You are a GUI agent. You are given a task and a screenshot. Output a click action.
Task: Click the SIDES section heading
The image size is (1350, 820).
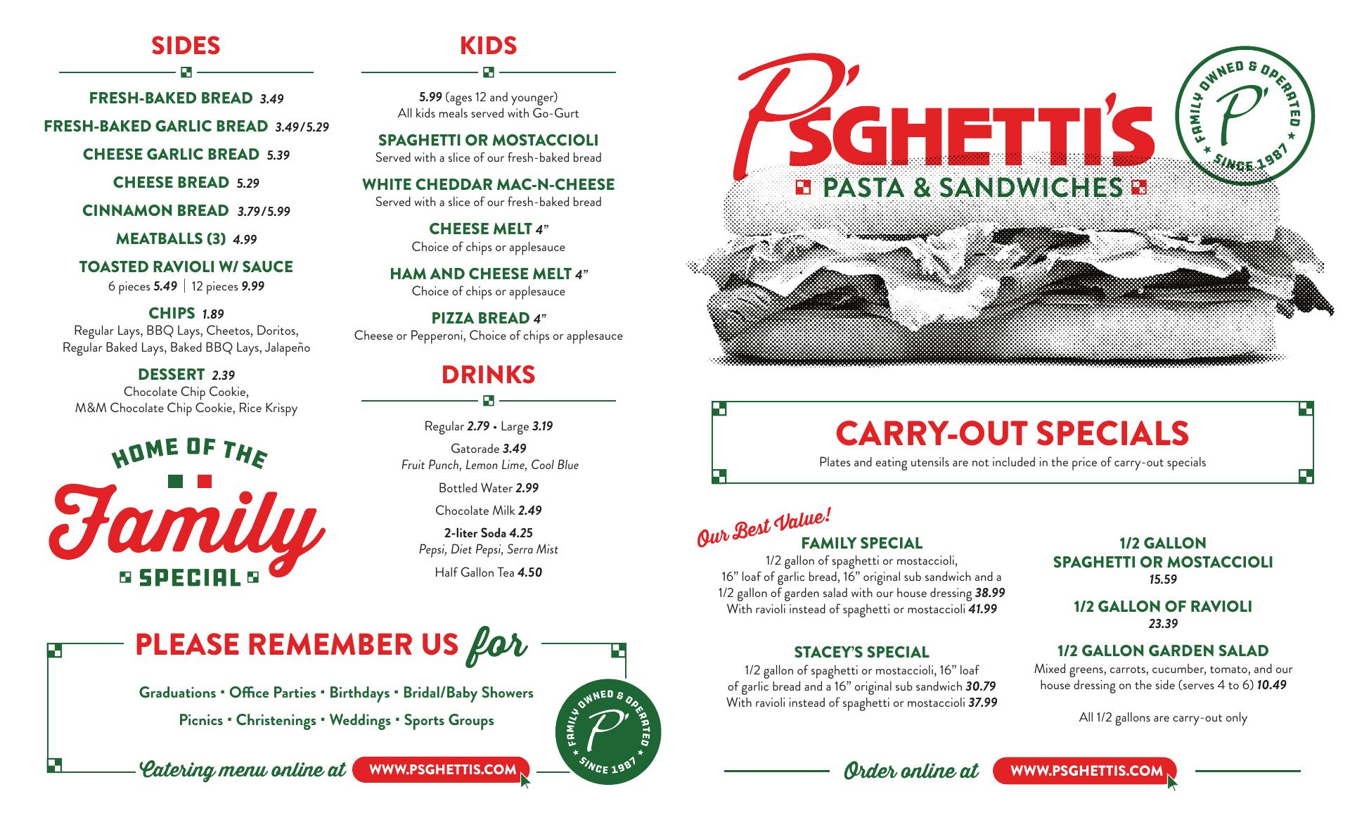tap(186, 46)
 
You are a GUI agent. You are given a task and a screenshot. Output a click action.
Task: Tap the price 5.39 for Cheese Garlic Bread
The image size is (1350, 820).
tap(278, 155)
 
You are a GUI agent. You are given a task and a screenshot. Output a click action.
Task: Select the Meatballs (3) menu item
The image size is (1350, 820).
tap(170, 239)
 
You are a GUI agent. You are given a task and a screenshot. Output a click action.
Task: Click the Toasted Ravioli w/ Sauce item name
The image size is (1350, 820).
tap(186, 267)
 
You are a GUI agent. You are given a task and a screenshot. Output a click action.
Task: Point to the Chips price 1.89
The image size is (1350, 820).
tap(212, 314)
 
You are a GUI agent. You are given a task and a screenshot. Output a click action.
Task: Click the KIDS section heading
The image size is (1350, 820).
tap(488, 46)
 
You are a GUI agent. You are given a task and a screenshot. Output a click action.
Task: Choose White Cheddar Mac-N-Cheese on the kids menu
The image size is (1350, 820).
tap(488, 184)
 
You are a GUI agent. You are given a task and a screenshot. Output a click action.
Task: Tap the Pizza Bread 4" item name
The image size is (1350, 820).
tap(480, 318)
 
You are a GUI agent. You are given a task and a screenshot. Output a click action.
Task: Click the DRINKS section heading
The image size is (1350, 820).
tap(488, 375)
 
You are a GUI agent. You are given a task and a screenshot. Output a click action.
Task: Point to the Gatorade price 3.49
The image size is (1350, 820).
tap(514, 449)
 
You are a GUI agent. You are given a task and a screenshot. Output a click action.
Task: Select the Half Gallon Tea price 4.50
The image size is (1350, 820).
tap(529, 572)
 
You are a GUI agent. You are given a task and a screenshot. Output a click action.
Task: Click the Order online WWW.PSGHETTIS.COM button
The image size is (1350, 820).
tap(1086, 771)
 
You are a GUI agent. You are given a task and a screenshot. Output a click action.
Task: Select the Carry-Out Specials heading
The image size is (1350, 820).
tap(1012, 433)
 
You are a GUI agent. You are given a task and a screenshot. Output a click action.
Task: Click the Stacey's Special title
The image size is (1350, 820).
tap(861, 653)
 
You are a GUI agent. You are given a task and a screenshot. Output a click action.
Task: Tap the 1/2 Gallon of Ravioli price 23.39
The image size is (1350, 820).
tap(1162, 624)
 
